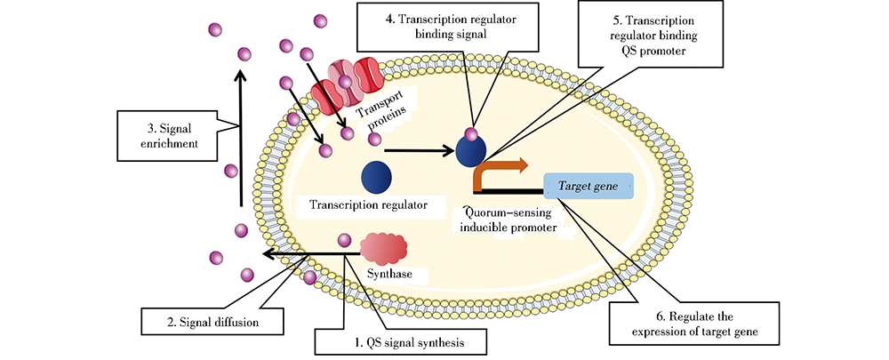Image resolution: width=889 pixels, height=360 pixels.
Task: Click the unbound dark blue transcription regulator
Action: [376, 177]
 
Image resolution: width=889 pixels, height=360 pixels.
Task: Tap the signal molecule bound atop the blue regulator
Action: [473, 136]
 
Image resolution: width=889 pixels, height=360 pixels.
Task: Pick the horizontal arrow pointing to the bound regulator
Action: [418, 150]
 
